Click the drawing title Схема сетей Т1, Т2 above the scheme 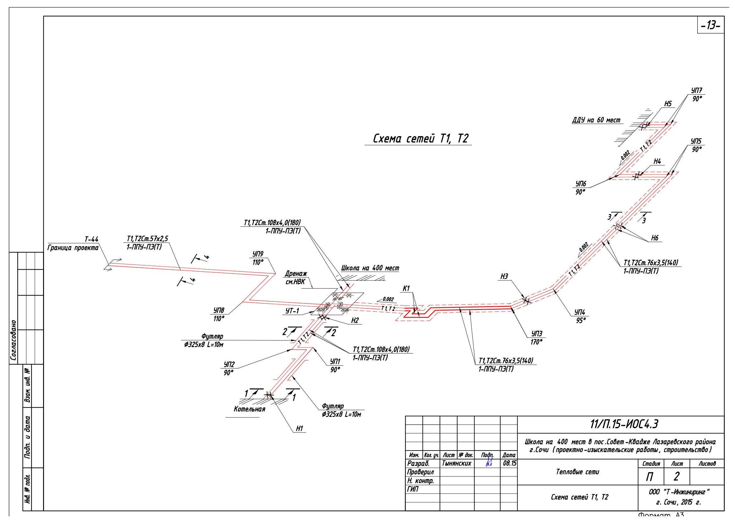(x=420, y=139)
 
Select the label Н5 (x=667, y=104)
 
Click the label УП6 (x=581, y=184)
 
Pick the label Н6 (x=655, y=238)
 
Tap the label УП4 (x=580, y=312)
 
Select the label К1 (x=406, y=288)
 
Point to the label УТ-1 (x=292, y=311)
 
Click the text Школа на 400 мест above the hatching (x=370, y=268)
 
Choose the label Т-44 (x=91, y=239)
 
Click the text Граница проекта (x=73, y=247)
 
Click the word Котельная (x=250, y=409)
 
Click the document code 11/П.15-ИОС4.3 (x=624, y=424)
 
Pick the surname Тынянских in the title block (x=457, y=463)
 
